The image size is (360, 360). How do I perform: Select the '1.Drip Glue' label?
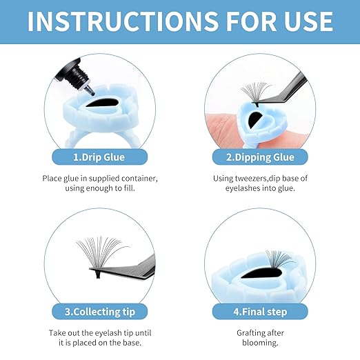coord(99,157)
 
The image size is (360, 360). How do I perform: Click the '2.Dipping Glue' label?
coord(260,157)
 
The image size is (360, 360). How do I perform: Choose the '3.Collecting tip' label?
coord(100,312)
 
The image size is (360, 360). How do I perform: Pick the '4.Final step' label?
coord(260,312)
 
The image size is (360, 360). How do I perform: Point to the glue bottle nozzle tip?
coord(92,92)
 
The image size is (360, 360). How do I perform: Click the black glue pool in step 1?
coord(102,103)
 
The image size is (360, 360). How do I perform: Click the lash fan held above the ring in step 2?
coord(256,93)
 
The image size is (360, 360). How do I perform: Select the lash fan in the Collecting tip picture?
coord(101,253)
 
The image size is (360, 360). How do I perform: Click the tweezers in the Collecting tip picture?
coord(124,269)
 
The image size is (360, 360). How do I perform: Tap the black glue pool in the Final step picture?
coord(260,274)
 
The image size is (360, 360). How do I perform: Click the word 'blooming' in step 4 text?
coord(259,343)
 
